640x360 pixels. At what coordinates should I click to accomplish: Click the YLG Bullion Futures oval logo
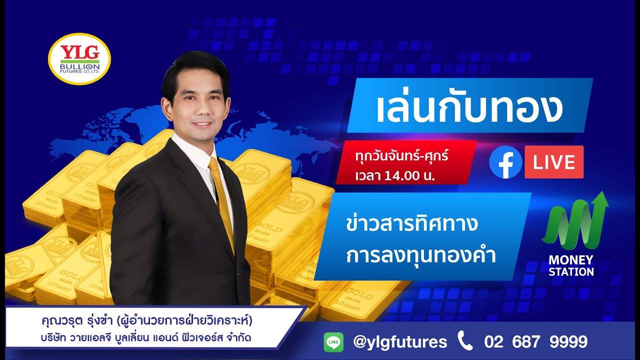(79, 58)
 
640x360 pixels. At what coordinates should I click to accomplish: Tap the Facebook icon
(505, 161)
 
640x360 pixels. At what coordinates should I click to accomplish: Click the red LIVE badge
(554, 162)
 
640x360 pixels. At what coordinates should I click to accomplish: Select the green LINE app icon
(333, 342)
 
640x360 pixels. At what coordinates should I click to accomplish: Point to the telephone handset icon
(465, 340)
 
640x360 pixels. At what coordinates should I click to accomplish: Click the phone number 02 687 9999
(535, 341)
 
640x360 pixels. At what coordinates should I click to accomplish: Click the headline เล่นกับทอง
(469, 108)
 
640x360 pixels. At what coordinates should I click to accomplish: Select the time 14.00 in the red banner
(403, 175)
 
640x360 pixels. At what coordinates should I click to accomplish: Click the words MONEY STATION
(571, 265)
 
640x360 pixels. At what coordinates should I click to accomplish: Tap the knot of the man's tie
(213, 163)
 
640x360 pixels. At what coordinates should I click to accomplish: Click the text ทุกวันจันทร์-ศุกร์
(401, 156)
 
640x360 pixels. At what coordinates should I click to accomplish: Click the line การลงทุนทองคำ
(421, 255)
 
